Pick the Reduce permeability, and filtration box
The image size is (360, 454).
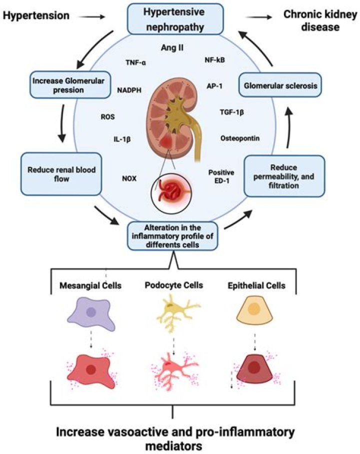(283, 175)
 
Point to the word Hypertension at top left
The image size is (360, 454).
(36, 16)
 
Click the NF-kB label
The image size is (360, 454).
(214, 60)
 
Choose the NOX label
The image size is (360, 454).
(129, 177)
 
